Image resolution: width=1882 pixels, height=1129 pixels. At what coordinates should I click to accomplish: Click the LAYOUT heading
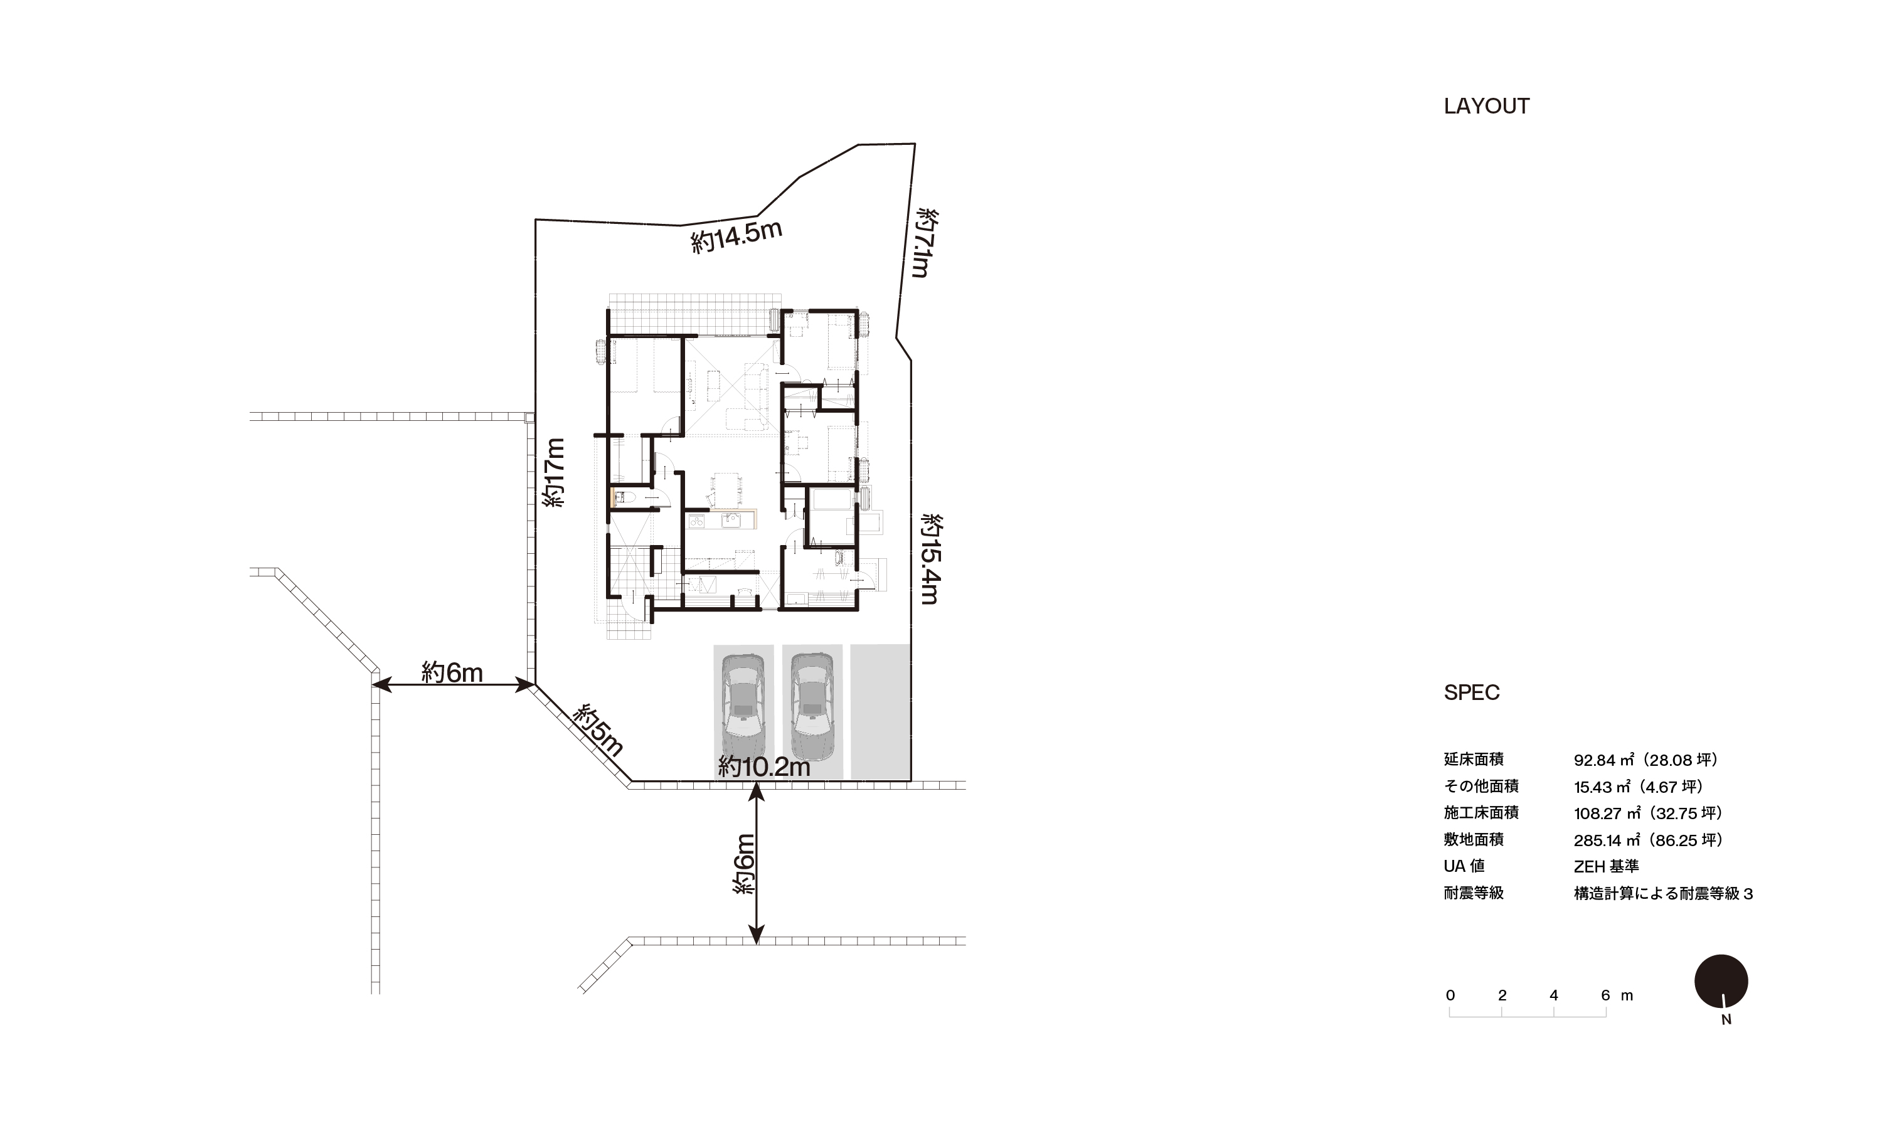click(1486, 107)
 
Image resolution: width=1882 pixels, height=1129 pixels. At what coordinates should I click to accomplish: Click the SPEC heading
click(1471, 693)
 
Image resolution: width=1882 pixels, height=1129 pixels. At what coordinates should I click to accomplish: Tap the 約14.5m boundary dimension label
click(736, 236)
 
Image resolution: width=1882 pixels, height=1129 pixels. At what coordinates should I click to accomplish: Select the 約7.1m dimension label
click(925, 243)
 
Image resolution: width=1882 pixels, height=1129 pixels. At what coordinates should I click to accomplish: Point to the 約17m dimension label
click(555, 472)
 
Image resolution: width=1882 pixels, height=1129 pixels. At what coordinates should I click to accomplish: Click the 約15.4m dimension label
click(931, 559)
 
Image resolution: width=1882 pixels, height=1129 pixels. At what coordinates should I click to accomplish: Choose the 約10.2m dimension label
click(763, 768)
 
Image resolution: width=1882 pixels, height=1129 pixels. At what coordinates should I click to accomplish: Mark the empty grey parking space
click(880, 711)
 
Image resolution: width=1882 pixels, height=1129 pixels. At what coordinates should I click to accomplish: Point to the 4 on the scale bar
click(1553, 995)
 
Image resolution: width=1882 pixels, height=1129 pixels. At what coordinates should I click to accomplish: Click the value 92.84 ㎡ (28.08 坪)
click(1645, 760)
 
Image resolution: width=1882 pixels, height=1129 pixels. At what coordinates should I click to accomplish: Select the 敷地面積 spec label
click(1474, 840)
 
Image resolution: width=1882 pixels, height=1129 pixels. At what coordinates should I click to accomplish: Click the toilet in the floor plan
click(623, 498)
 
